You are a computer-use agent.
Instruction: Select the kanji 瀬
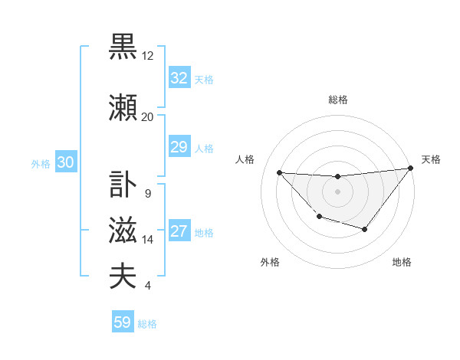123,106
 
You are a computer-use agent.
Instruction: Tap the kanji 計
123,184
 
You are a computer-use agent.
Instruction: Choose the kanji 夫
123,277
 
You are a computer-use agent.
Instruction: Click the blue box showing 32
179,77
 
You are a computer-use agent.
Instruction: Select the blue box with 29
179,147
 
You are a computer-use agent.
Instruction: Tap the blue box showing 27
179,232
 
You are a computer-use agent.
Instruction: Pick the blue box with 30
65,162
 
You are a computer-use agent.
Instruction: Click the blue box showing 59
123,322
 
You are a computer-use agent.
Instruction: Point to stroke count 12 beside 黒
148,56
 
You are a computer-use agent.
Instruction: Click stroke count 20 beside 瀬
148,117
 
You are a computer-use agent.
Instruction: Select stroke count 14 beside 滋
148,240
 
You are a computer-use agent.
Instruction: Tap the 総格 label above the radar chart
337,100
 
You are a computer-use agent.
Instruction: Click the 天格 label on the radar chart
431,159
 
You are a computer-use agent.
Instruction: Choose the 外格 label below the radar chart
270,262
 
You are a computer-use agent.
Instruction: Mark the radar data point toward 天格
410,169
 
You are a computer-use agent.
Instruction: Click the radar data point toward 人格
279,172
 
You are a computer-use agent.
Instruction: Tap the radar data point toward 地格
365,229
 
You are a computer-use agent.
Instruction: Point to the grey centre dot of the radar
337,191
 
